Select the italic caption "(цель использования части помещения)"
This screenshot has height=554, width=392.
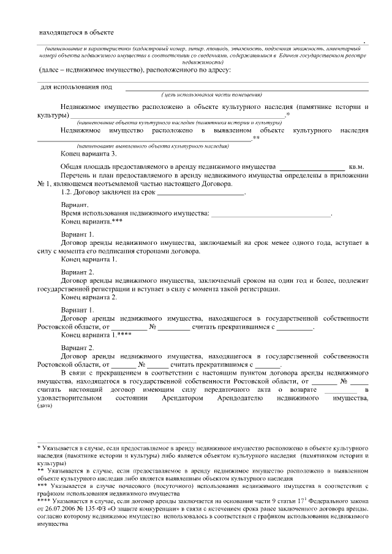coord(212,95)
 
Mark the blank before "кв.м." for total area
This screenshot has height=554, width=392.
coord(312,167)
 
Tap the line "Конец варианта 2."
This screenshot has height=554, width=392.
coord(89,297)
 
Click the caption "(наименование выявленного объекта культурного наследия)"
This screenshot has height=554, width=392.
coord(153,148)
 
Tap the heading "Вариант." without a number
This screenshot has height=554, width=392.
coord(75,205)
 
